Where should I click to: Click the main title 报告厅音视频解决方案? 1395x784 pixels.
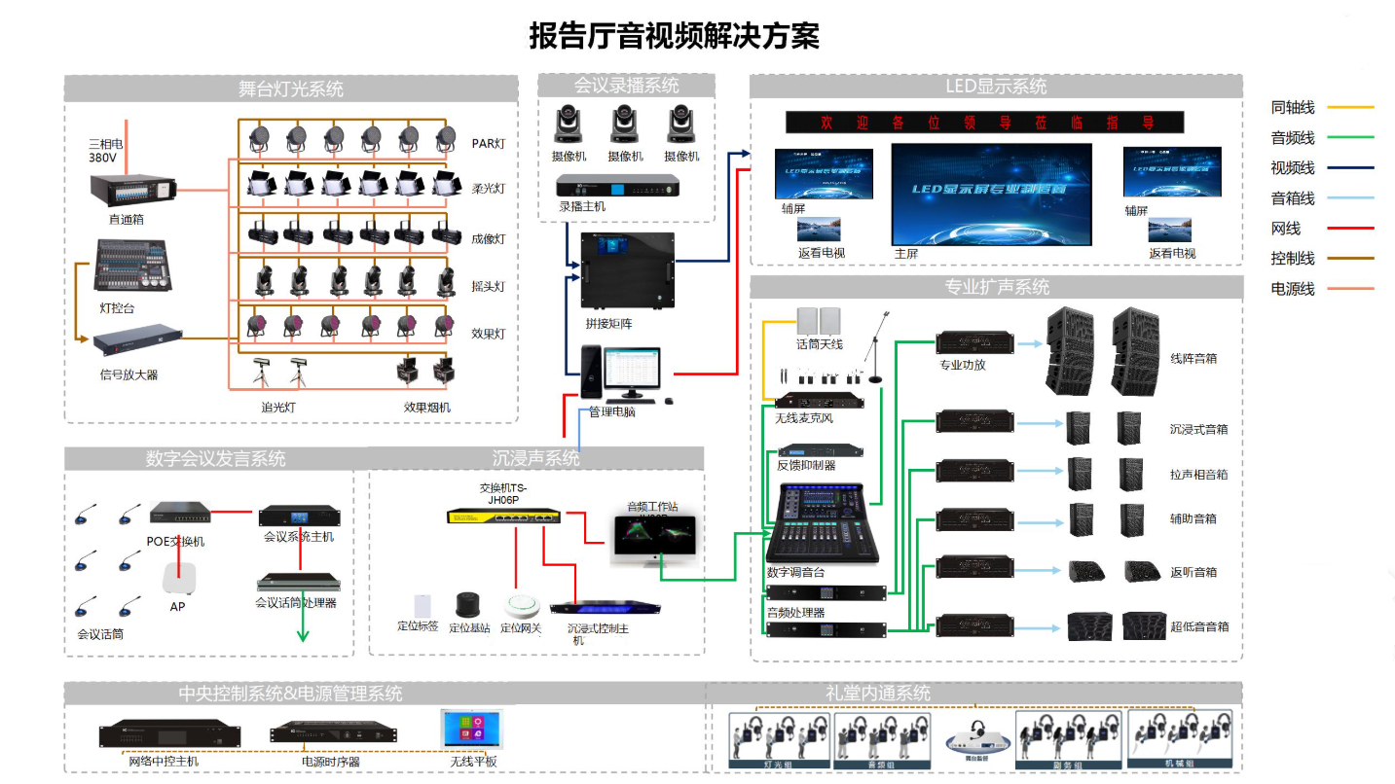pyautogui.click(x=674, y=36)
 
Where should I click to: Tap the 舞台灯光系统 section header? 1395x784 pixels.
pyautogui.click(x=290, y=89)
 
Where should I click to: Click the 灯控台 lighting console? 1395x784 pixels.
pyautogui.click(x=130, y=266)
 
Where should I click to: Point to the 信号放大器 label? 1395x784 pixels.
pyautogui.click(x=128, y=374)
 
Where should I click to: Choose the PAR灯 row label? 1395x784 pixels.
pyautogui.click(x=489, y=144)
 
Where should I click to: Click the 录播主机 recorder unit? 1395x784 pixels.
pyautogui.click(x=617, y=184)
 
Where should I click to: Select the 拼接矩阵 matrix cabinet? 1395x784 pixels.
pyautogui.click(x=622, y=269)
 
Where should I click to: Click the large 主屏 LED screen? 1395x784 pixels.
pyautogui.click(x=991, y=194)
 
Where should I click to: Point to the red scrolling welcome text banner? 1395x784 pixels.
pyautogui.click(x=984, y=123)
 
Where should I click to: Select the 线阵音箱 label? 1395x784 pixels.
pyautogui.click(x=1193, y=359)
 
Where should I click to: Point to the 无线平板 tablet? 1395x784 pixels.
pyautogui.click(x=471, y=729)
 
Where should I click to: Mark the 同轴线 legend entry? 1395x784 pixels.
pyautogui.click(x=1293, y=107)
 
